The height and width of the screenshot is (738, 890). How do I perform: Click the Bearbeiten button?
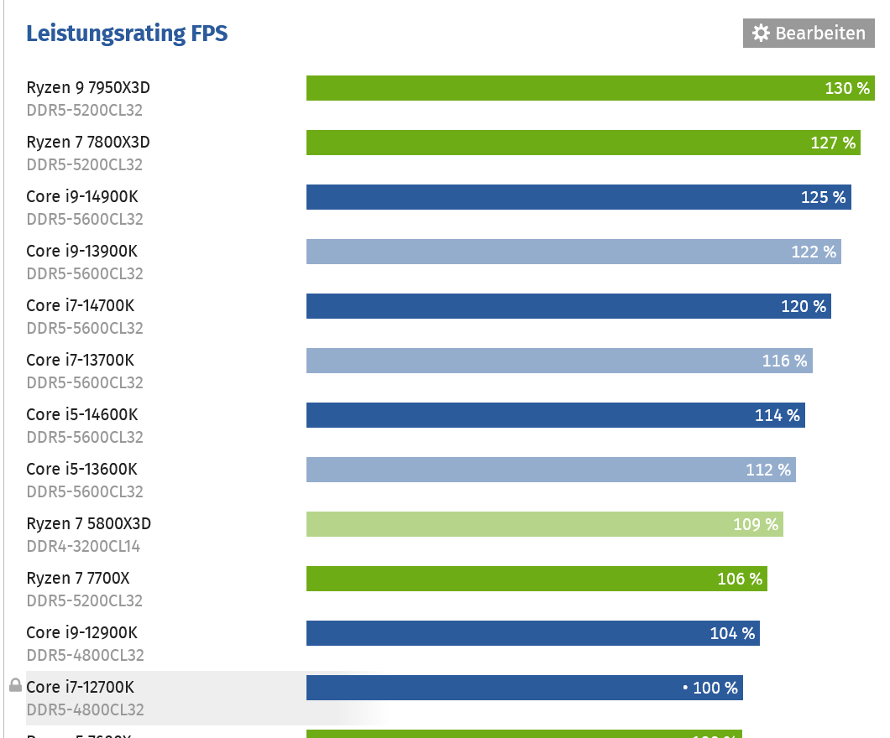808,34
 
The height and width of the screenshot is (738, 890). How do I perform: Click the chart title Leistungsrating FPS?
127,34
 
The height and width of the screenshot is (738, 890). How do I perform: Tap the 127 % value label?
834,143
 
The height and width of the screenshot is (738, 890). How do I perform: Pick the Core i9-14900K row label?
81,197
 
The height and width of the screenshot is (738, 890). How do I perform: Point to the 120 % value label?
804,306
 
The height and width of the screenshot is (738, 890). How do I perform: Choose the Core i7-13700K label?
80,361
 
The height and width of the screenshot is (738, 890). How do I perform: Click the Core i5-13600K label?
81,470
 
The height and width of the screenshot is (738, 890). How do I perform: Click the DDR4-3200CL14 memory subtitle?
83,547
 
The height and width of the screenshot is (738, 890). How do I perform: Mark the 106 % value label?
740,579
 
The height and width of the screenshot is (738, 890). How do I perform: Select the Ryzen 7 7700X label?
78,579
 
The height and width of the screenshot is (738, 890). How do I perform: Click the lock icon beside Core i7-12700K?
15,686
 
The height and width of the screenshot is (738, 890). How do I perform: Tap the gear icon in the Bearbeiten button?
761,34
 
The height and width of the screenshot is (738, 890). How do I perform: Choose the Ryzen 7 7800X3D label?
88,143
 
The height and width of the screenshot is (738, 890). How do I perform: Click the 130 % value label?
847,88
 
